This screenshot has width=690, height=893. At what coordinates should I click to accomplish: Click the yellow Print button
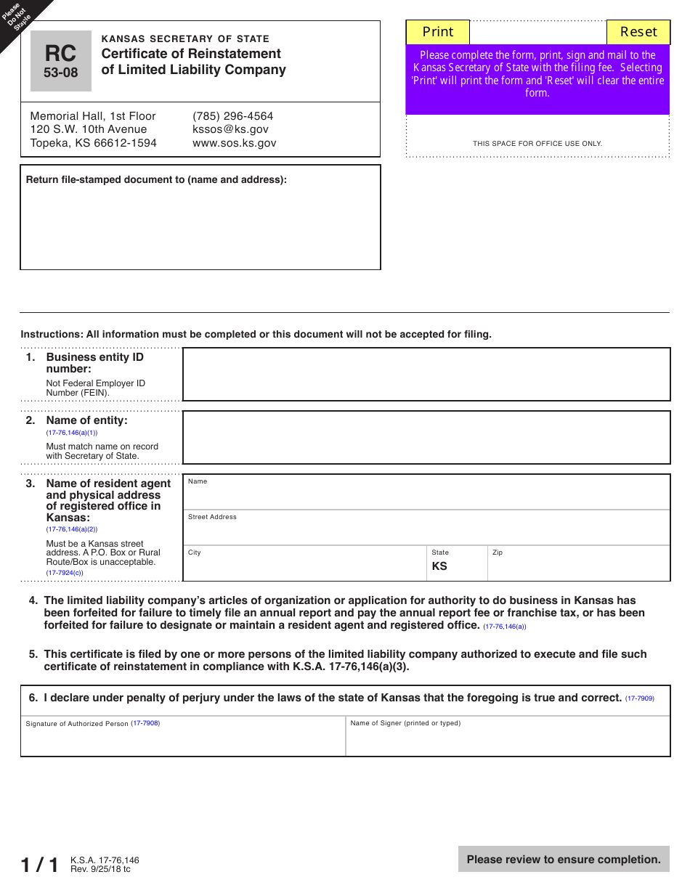[437, 32]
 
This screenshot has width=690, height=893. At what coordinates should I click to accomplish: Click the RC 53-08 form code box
[61, 61]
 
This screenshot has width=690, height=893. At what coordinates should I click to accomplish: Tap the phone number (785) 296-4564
[232, 116]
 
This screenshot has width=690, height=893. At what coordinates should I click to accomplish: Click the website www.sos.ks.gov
[234, 143]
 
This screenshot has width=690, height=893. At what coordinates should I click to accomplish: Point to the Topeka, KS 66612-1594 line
[93, 143]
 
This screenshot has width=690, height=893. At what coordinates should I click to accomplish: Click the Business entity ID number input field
[426, 374]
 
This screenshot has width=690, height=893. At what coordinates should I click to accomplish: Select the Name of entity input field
[426, 437]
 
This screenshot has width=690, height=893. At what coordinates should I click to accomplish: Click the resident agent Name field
[426, 496]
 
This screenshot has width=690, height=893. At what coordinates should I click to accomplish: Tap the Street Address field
[426, 531]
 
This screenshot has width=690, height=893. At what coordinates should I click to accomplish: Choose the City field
[305, 566]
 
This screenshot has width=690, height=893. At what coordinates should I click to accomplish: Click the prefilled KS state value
[440, 566]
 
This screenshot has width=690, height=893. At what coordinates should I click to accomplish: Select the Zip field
[578, 566]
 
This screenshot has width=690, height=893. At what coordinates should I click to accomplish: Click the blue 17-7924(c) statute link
[65, 573]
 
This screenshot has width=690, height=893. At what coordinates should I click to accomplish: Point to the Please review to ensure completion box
[564, 860]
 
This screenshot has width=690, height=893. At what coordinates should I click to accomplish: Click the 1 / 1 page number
[39, 865]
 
